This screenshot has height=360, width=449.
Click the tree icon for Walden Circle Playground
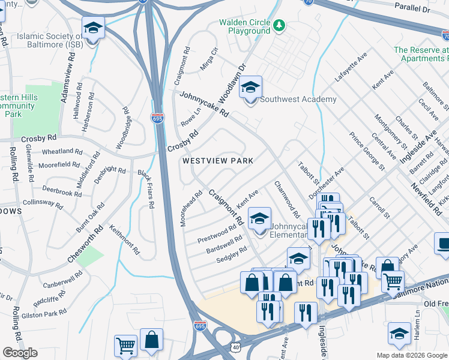[x=279, y=26]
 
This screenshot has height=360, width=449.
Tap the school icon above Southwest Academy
[x=250, y=88]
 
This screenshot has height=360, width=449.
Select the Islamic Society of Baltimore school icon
[x=93, y=29]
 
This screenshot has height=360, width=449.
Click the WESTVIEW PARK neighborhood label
[x=218, y=161]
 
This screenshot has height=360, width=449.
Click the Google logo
[x=20, y=353]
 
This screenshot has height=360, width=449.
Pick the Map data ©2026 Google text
[x=412, y=355]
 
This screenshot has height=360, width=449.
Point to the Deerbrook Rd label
[x=62, y=193]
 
